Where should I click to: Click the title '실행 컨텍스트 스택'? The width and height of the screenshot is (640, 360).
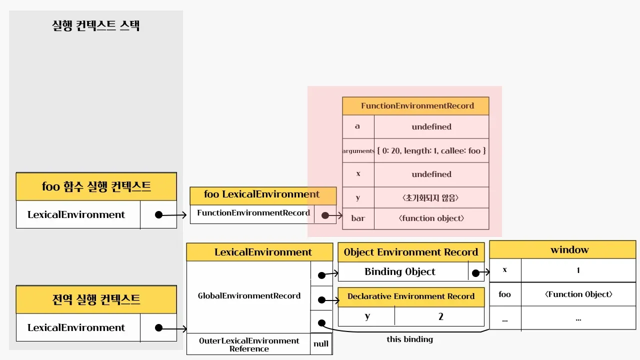(x=96, y=26)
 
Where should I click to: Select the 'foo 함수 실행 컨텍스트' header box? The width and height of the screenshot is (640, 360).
(x=96, y=187)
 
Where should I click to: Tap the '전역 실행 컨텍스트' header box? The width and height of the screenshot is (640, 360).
(x=96, y=300)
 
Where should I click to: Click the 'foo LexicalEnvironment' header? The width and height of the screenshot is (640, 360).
(x=262, y=194)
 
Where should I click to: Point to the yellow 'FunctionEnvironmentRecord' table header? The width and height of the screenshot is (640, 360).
(x=417, y=106)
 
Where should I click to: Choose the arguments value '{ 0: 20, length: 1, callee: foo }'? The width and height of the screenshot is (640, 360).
(x=431, y=150)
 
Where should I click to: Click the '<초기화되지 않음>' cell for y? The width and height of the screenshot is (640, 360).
(x=431, y=197)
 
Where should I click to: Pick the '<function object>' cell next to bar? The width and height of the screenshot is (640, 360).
(x=431, y=218)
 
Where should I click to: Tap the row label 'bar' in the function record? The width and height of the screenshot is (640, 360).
(x=358, y=218)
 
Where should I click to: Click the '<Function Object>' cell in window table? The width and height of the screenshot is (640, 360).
(x=578, y=294)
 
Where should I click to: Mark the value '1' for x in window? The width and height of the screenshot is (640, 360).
(x=578, y=270)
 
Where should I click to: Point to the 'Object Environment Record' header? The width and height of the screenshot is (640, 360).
(x=411, y=252)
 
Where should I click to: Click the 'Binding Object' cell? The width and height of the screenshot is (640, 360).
(x=400, y=272)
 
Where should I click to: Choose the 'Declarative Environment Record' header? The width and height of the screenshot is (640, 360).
(x=411, y=296)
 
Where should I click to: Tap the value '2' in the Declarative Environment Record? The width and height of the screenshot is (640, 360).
(x=440, y=316)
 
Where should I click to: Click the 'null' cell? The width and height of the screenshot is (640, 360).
(x=321, y=344)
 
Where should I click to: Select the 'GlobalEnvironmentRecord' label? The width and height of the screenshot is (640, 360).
(x=249, y=296)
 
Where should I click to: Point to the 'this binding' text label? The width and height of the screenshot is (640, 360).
(x=409, y=339)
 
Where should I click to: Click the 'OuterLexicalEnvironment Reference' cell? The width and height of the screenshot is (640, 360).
(x=249, y=344)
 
